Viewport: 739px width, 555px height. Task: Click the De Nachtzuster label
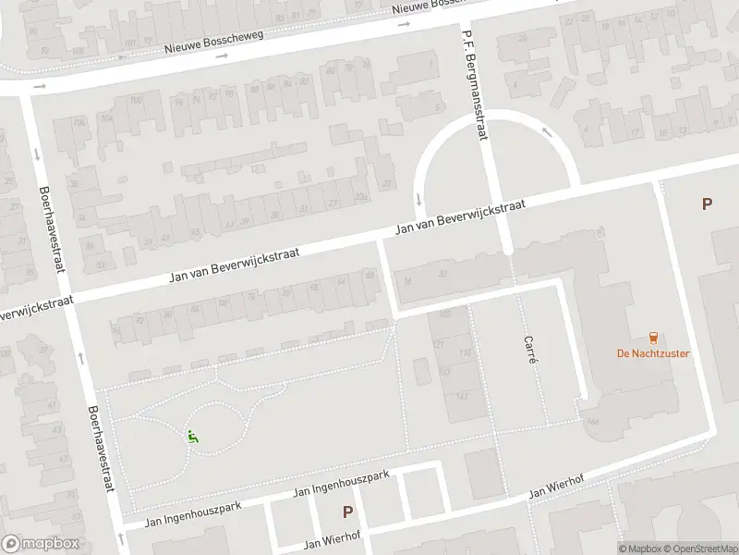653,353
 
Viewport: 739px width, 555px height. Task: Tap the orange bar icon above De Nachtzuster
654,338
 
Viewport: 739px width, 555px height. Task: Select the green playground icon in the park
193,437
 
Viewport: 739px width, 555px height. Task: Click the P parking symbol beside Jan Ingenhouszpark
348,511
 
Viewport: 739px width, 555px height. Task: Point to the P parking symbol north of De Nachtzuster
708,204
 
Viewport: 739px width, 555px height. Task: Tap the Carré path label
529,349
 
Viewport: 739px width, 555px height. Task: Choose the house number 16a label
592,422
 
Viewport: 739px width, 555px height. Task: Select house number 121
439,344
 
